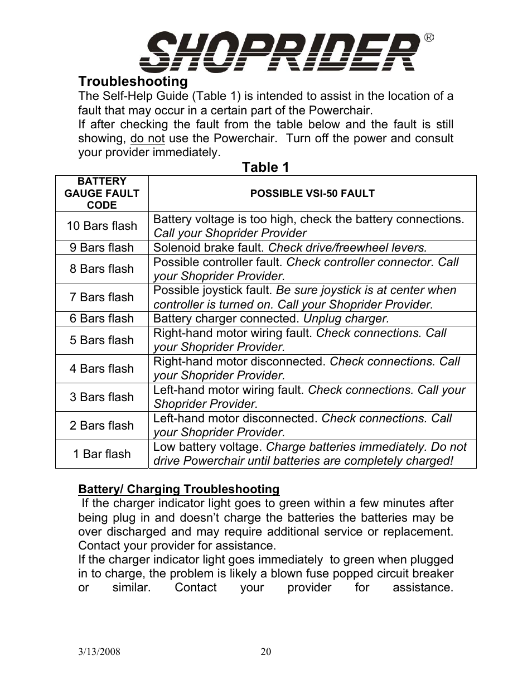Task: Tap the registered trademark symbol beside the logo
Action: pyautogui.click(x=428, y=38)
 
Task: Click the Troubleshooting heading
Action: pyautogui.click(x=133, y=82)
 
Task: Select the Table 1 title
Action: pyautogui.click(x=265, y=167)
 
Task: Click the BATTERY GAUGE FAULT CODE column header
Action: pyautogui.click(x=101, y=193)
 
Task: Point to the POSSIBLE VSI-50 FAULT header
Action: pyautogui.click(x=312, y=194)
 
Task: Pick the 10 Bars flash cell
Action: pyautogui.click(x=101, y=226)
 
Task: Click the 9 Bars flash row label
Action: pyautogui.click(x=101, y=248)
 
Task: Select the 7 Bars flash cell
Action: pyautogui.click(x=101, y=297)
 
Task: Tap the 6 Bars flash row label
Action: pyautogui.click(x=101, y=319)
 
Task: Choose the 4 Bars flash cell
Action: pyautogui.click(x=101, y=369)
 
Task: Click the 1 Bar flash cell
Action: pyautogui.click(x=101, y=454)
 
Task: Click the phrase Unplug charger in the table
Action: pyautogui.click(x=346, y=319)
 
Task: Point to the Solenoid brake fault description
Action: pyautogui.click(x=209, y=248)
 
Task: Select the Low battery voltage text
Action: pyautogui.click(x=207, y=447)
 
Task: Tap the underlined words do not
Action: pyautogui.click(x=147, y=138)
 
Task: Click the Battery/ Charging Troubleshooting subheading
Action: pyautogui.click(x=178, y=489)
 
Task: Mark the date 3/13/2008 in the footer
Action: pyautogui.click(x=99, y=652)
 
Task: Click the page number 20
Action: pyautogui.click(x=266, y=652)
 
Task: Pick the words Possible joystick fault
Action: pyautogui.click(x=213, y=290)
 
